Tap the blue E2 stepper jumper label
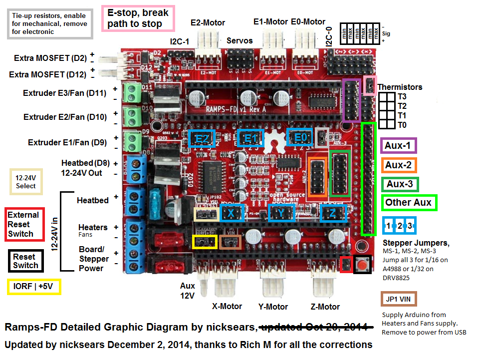coord(202,138)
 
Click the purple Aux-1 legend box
coord(399,146)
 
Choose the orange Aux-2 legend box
coord(399,165)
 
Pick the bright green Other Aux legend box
coord(409,202)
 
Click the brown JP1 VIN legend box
coord(398,300)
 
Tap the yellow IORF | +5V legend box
coord(34,287)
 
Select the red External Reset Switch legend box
coord(24,224)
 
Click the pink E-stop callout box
coord(138,18)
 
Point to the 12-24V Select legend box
coord(26,182)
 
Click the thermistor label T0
coord(402,125)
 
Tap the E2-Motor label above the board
coord(208,22)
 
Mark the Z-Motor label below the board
coord(325,307)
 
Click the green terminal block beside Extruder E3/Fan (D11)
coord(133,92)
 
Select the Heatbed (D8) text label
coord(85,163)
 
